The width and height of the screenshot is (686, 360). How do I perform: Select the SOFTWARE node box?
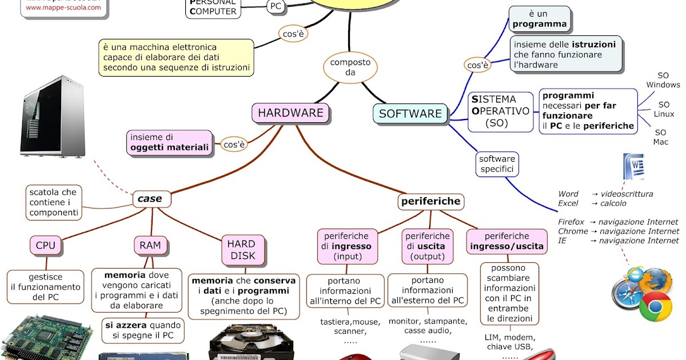click(410, 114)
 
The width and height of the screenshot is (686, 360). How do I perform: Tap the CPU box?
click(46, 245)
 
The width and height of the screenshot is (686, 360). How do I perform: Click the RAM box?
click(150, 245)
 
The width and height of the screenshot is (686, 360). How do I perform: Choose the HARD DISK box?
click(241, 250)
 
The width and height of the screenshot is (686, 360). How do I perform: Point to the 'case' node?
click(150, 199)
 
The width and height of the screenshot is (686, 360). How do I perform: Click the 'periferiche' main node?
click(430, 201)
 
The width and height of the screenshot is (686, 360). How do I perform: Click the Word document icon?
click(633, 166)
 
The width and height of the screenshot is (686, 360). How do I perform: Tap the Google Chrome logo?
click(655, 309)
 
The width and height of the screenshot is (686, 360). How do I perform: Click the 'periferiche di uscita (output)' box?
click(428, 246)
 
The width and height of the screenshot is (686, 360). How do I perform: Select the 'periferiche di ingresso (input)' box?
click(346, 246)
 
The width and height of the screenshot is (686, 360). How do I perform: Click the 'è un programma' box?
click(539, 19)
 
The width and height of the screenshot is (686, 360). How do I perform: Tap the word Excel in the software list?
click(568, 203)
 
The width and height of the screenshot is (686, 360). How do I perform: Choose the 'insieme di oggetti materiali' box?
click(169, 142)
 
